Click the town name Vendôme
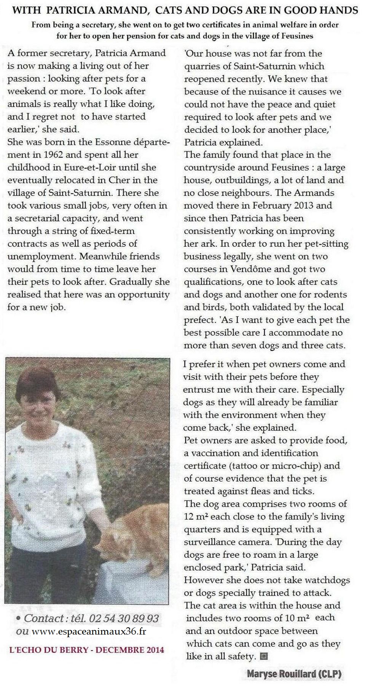(x=251, y=269)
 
